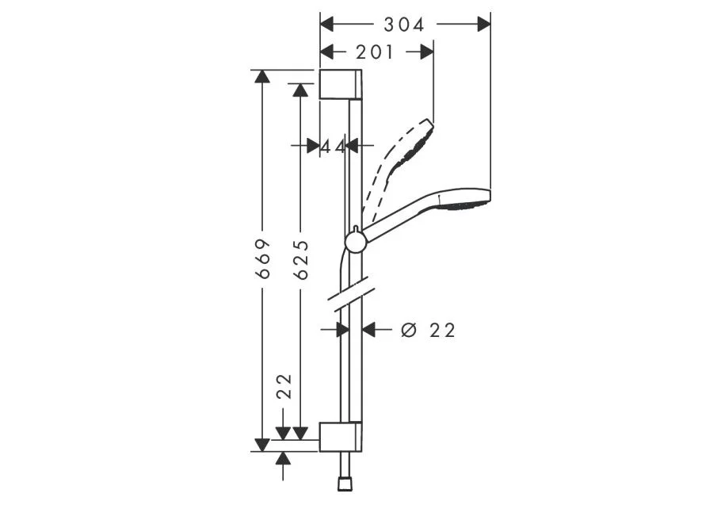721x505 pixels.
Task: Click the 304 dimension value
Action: coord(404,25)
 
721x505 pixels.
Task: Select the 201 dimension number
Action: coord(375,52)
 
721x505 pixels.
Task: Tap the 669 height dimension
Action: coord(262,258)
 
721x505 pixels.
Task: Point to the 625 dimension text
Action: coord(301,260)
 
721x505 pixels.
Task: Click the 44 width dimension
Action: coord(333,147)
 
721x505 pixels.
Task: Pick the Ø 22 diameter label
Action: coord(428,330)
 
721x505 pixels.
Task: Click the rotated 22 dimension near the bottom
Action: coord(284,386)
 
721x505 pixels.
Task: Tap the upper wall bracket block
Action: coord(340,84)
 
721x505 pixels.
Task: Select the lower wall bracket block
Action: coord(340,437)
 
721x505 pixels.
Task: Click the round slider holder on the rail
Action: coord(356,242)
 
